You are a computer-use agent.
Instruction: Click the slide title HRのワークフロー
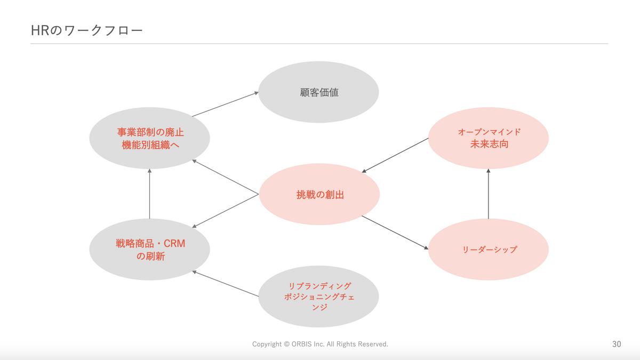(87, 30)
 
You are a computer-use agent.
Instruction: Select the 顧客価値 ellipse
(318, 92)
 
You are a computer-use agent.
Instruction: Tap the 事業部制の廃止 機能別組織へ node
(149, 138)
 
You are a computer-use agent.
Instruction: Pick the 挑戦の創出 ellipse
(319, 195)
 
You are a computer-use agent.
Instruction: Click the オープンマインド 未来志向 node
(489, 138)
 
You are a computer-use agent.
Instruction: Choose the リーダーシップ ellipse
(489, 249)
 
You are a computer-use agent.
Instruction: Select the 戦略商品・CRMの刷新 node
(149, 250)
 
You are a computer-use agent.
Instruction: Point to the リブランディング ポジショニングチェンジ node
(318, 297)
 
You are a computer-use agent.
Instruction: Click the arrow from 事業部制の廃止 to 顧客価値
(225, 104)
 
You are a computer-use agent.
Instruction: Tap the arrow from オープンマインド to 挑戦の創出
(395, 155)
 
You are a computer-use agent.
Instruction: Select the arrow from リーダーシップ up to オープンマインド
(489, 194)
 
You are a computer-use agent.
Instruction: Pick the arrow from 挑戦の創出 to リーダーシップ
(395, 233)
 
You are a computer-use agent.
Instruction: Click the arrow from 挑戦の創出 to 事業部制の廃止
(225, 176)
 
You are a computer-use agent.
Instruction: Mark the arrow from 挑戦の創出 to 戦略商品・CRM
(225, 211)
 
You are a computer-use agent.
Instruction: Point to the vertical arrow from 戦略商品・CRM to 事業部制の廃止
(149, 194)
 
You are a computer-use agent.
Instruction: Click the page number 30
(617, 345)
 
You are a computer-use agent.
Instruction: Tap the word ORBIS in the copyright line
(302, 345)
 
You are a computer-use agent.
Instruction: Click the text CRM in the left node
(174, 244)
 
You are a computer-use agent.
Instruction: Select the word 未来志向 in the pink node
(489, 144)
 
